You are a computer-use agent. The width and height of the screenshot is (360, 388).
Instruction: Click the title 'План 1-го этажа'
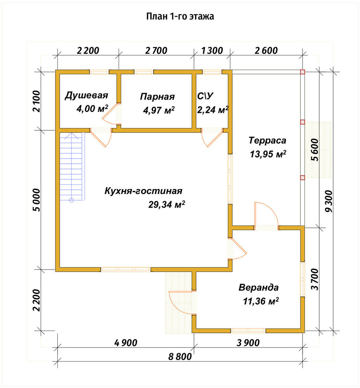[x=180, y=16]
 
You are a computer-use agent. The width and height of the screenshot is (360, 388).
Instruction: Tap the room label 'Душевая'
[x=87, y=95]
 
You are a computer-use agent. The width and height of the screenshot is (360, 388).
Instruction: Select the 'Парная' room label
[x=157, y=97]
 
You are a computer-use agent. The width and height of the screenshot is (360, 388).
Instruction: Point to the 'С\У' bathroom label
[x=205, y=96]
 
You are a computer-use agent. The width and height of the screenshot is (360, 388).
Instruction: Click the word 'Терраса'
[x=267, y=140]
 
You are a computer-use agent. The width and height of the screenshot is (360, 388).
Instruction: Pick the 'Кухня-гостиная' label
[x=144, y=191]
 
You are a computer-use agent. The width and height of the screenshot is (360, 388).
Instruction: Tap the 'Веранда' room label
[x=259, y=288]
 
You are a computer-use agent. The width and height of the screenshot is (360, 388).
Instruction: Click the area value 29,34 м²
[x=167, y=204]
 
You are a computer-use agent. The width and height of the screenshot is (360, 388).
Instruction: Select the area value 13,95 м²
[x=268, y=154]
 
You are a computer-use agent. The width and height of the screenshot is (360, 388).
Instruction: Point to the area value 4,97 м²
[x=159, y=110]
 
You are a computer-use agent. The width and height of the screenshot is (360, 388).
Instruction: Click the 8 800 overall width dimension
[x=180, y=357]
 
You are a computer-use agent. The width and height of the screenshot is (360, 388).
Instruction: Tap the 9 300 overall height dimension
[x=329, y=201]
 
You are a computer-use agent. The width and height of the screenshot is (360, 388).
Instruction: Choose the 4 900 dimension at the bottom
[x=126, y=343]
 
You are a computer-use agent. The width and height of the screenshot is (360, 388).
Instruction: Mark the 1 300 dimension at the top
[x=212, y=50]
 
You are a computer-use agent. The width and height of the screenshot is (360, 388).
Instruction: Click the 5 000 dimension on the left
[x=36, y=200]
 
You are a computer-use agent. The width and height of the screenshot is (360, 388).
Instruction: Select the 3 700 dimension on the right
[x=315, y=279]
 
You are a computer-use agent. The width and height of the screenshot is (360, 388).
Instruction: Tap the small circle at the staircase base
[x=71, y=200]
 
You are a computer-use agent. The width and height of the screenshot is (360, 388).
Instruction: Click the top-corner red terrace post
[x=302, y=72]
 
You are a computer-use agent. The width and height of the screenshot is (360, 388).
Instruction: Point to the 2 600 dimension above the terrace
[x=266, y=50]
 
